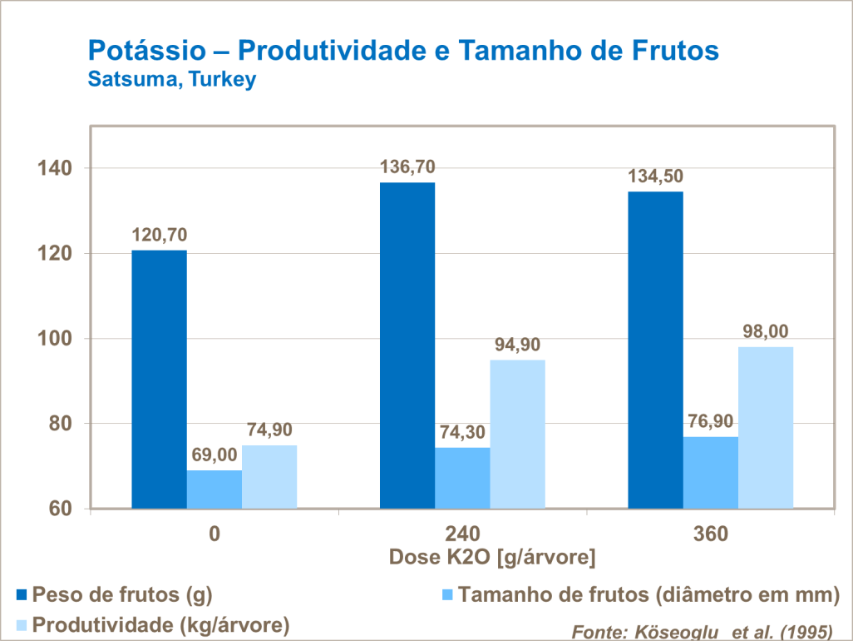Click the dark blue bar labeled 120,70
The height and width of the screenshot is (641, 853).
[159, 379]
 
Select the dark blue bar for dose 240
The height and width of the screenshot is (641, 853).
[407, 345]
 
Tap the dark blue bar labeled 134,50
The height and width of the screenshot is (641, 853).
[655, 350]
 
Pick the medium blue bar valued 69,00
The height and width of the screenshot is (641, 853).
[214, 489]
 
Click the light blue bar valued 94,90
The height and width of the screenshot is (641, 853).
[517, 434]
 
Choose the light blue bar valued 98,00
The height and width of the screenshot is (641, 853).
[765, 427]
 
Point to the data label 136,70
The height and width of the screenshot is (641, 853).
[407, 167]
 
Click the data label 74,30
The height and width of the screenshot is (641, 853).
[462, 432]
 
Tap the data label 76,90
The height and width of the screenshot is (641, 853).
[710, 421]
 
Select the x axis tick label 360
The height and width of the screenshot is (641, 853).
[710, 534]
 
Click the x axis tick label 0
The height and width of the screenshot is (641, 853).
[214, 534]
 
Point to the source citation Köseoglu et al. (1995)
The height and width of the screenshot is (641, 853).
[701, 632]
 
